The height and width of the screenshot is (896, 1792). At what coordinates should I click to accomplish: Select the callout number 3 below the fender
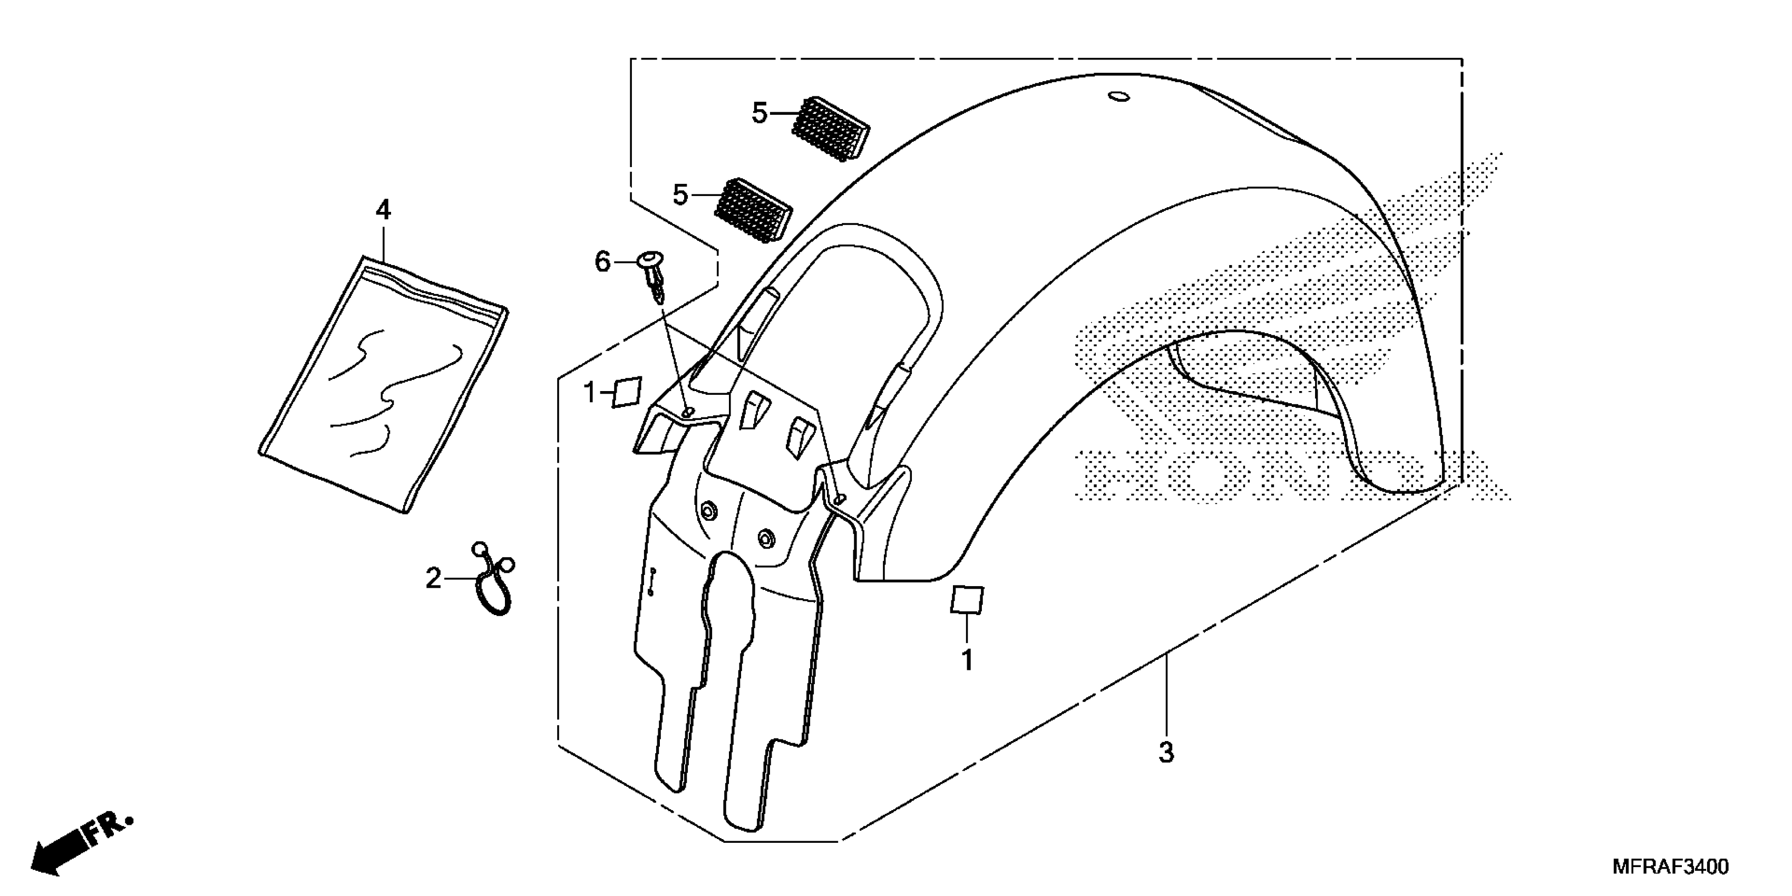click(1166, 752)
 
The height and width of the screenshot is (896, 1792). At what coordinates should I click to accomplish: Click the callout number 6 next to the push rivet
click(602, 262)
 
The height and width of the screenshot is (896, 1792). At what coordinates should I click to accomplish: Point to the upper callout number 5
click(759, 113)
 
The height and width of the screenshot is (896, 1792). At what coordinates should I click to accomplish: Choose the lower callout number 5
click(680, 196)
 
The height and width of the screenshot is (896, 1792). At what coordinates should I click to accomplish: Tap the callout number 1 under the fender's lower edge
click(967, 659)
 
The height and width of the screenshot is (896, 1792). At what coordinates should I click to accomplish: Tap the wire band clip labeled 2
click(492, 581)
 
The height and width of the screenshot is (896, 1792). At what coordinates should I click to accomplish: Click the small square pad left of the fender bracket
click(627, 392)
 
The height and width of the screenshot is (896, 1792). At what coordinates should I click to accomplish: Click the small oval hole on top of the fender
click(1118, 96)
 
